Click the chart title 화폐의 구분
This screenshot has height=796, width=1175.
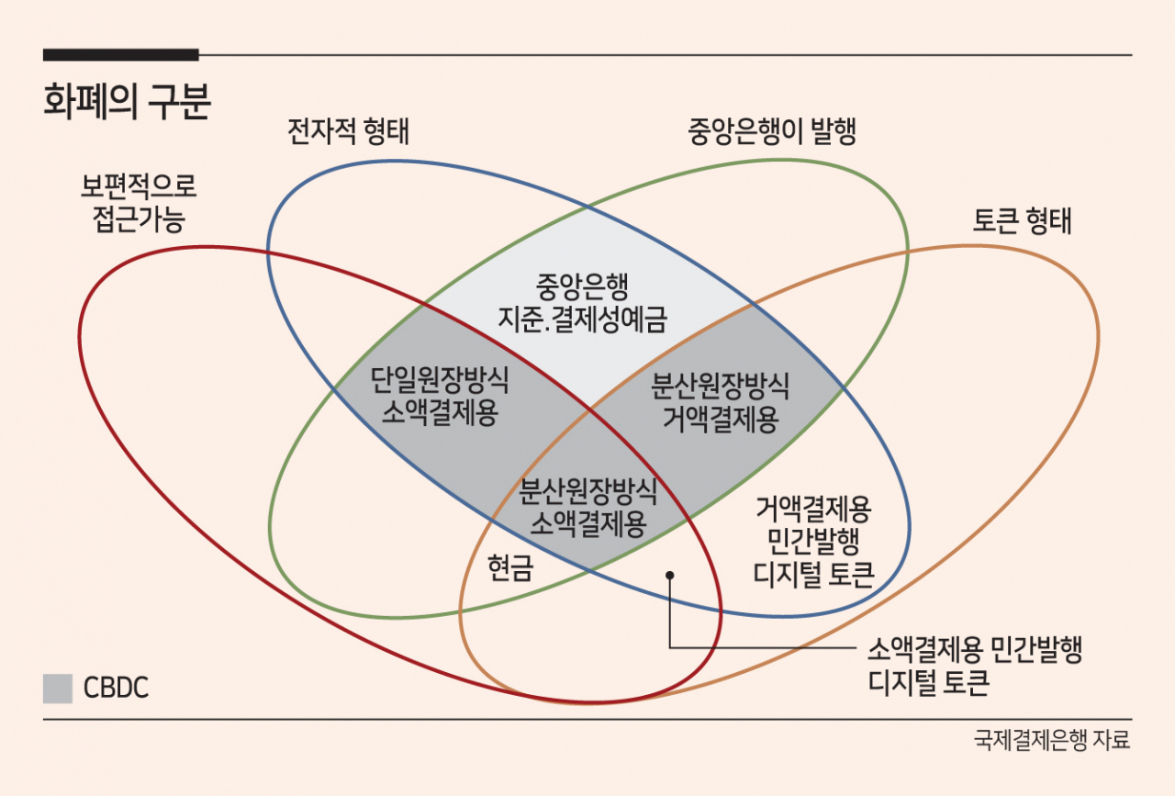[127, 101]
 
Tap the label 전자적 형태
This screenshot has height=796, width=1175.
[348, 130]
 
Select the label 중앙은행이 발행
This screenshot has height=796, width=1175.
[772, 131]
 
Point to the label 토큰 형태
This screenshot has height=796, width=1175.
[1022, 220]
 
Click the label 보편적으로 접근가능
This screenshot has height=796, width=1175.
[139, 203]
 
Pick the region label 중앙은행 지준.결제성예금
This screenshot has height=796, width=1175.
[582, 303]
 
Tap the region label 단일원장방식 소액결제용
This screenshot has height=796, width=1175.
[440, 396]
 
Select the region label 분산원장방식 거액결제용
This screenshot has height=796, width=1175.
[721, 402]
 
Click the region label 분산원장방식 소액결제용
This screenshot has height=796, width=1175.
[588, 508]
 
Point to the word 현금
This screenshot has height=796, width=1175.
[510, 567]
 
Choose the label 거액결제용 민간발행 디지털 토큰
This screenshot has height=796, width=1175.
[813, 541]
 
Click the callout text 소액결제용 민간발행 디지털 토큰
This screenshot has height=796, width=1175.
[975, 666]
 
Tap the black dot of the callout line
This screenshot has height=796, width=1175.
[670, 576]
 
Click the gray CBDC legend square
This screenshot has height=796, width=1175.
[58, 689]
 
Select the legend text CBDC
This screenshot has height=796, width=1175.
[116, 688]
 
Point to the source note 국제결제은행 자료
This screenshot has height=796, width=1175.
[1052, 740]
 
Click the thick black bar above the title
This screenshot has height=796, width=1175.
[120, 54]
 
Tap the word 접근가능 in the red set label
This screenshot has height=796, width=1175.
[139, 219]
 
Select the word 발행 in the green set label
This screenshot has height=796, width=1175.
[834, 131]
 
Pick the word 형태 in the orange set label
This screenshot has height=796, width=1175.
[1048, 220]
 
